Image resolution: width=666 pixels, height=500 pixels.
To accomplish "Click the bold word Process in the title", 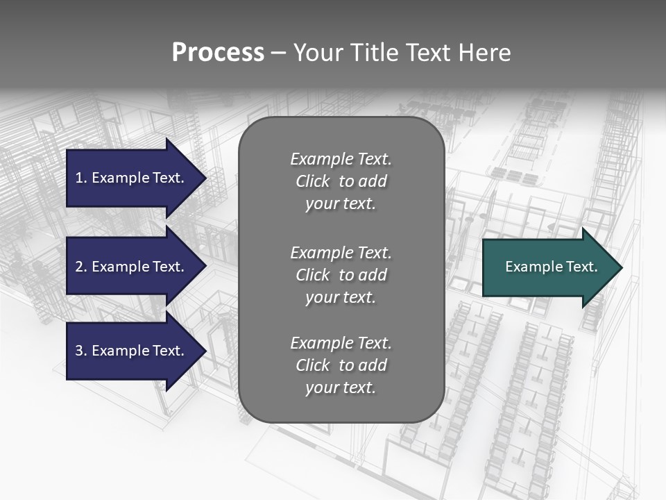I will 218,53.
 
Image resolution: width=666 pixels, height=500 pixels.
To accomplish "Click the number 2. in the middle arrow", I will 81,267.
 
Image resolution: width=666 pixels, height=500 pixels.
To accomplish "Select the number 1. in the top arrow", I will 80,178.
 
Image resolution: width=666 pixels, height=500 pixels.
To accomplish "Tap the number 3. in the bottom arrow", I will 81,351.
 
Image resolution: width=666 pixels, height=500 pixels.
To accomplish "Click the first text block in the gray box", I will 341,181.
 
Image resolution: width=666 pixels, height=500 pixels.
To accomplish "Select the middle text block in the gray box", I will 341,275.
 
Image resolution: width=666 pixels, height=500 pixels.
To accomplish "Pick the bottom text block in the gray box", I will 341,365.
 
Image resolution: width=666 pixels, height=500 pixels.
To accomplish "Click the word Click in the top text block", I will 312,181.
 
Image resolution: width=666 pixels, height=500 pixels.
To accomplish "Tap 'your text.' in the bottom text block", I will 341,387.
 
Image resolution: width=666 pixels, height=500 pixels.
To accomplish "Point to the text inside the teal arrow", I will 551,267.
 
